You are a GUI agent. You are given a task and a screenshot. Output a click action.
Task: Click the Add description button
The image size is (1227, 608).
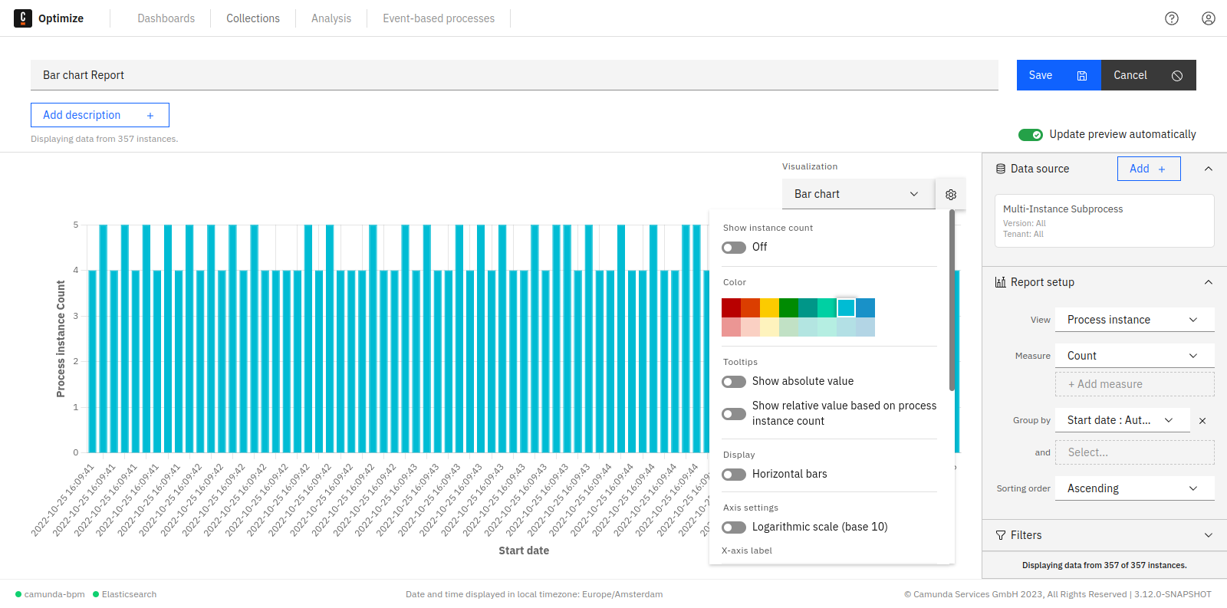click(x=100, y=115)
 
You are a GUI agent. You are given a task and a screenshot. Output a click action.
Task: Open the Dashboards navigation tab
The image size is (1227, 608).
click(x=166, y=18)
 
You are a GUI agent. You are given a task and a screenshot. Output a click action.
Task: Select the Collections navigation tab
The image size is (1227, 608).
click(x=252, y=18)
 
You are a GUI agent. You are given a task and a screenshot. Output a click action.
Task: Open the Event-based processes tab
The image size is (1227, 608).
click(x=439, y=18)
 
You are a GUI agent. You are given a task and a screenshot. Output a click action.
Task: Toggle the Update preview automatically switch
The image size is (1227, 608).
click(x=1030, y=135)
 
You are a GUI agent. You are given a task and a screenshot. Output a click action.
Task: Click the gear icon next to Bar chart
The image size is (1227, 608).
click(x=951, y=195)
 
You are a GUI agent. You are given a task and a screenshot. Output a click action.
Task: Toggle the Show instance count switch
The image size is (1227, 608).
click(x=734, y=248)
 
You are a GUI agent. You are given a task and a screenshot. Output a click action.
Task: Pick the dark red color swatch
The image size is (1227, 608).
click(x=731, y=307)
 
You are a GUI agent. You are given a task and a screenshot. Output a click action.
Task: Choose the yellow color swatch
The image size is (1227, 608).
click(x=769, y=307)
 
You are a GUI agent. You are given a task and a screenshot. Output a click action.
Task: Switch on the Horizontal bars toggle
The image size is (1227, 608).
click(x=734, y=475)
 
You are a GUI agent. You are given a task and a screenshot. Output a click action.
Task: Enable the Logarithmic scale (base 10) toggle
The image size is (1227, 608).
click(x=734, y=527)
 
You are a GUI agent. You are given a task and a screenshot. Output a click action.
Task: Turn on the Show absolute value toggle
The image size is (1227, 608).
click(x=734, y=382)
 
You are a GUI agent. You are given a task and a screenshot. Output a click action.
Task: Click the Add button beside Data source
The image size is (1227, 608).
click(x=1148, y=169)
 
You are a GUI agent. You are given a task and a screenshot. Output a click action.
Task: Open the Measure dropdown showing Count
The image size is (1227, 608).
click(x=1134, y=356)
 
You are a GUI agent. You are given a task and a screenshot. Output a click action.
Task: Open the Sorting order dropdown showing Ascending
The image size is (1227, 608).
click(x=1134, y=488)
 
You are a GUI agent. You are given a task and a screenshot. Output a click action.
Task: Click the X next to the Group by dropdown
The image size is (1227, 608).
click(x=1202, y=421)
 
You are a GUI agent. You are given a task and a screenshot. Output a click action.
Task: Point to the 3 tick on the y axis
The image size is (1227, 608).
click(x=76, y=316)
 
